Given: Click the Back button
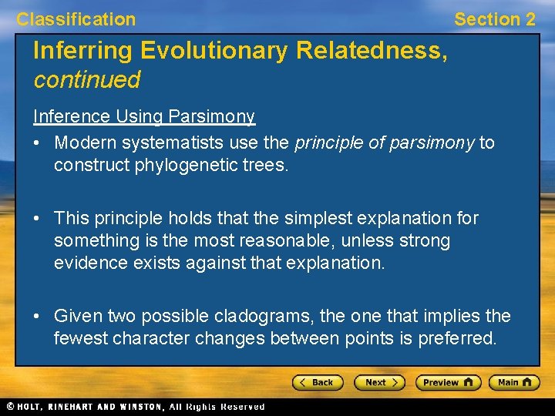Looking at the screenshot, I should click(317, 382).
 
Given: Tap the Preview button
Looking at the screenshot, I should click(448, 382).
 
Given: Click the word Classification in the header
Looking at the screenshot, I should click(76, 19).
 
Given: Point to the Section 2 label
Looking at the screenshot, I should click(494, 19).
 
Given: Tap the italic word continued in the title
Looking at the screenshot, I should click(86, 79).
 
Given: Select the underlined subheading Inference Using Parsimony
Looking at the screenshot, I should click(143, 116).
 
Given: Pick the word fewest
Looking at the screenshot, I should click(81, 338).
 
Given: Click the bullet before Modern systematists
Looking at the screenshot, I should click(38, 143).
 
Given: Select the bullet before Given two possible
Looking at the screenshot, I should click(38, 317).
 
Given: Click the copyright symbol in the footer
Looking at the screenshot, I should click(10, 406).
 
